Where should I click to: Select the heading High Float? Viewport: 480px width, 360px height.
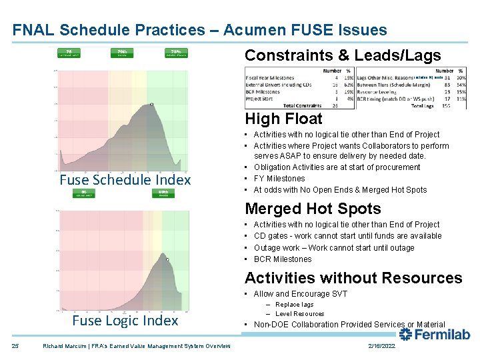[x=283, y=119]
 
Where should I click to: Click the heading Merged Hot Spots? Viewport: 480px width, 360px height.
[x=313, y=209]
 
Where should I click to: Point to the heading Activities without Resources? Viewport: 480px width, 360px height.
[x=353, y=278]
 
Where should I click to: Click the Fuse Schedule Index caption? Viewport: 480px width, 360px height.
[x=125, y=180]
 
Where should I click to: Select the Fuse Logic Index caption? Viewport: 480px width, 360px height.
[x=125, y=321]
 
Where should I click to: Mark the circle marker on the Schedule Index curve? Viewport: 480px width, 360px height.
[x=152, y=104]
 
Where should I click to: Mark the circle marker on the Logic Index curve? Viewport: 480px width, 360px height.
[x=167, y=259]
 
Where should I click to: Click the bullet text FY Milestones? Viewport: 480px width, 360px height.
[x=279, y=179]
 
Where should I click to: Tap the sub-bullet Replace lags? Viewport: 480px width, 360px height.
[x=294, y=305]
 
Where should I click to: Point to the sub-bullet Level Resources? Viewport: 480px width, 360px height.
[x=299, y=314]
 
